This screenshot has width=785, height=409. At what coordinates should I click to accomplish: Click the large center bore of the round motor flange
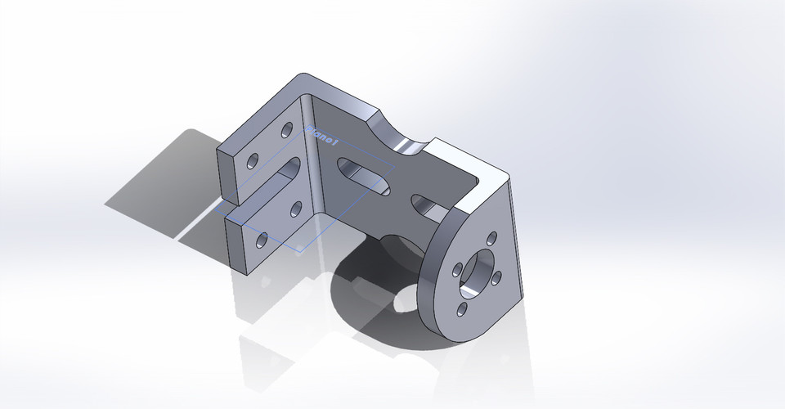478,276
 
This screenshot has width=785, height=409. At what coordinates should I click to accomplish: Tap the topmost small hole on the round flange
490,239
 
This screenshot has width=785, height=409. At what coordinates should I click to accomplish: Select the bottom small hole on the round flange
463,308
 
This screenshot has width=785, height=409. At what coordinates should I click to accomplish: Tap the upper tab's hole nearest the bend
287,129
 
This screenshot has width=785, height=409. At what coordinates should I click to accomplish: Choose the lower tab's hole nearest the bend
296,207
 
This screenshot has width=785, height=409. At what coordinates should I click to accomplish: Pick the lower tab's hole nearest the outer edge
262,240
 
